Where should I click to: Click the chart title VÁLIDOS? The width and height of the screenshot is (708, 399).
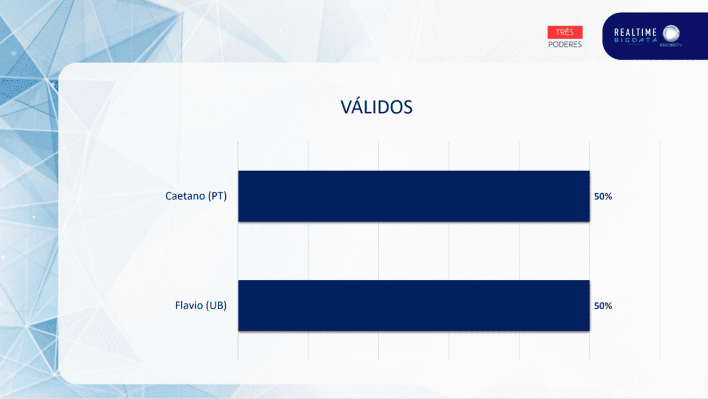point(376,107)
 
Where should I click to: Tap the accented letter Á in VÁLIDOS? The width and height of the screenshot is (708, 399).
point(358,107)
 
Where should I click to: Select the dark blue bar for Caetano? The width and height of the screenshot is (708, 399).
point(414,196)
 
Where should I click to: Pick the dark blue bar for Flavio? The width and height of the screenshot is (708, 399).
point(414,306)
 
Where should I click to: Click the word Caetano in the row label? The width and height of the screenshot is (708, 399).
point(185,196)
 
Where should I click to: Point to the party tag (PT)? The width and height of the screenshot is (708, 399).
point(218,196)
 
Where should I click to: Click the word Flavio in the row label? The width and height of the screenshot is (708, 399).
point(189,306)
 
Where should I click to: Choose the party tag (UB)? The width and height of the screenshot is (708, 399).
point(217,306)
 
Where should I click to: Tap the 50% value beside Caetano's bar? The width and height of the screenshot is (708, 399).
point(603,196)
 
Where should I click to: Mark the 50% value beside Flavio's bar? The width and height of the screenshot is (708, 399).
point(603,306)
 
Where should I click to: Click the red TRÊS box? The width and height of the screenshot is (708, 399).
point(565,32)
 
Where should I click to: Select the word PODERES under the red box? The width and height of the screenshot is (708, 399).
point(565,44)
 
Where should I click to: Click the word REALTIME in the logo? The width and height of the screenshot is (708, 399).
point(635,32)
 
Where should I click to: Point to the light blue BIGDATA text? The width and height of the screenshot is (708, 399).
point(635,40)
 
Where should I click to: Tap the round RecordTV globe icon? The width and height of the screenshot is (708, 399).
point(671,34)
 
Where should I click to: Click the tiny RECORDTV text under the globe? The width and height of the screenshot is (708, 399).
point(671,45)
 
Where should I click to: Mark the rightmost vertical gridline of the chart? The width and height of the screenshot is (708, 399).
point(660,251)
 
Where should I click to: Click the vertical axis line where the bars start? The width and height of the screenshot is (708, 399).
point(238,251)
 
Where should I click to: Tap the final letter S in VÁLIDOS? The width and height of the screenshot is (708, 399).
point(407,108)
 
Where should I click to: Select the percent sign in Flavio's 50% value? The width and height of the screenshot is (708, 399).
point(609,306)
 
